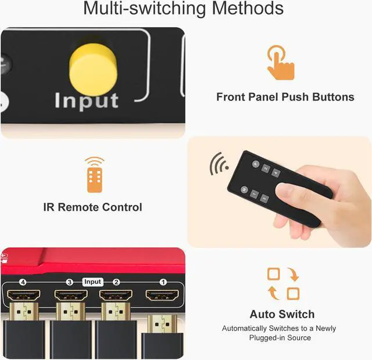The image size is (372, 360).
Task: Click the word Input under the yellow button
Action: [x=87, y=100]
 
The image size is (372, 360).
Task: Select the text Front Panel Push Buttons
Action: [x=285, y=97]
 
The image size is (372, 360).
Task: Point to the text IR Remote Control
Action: [x=93, y=207]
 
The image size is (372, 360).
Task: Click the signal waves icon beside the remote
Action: [x=219, y=164]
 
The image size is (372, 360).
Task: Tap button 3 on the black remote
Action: [x=264, y=199]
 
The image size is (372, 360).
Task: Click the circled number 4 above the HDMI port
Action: [x=24, y=282]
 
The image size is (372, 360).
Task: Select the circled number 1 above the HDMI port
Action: [x=163, y=282]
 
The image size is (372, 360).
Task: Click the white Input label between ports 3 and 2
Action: [x=92, y=282]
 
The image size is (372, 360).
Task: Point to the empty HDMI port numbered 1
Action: [x=163, y=297]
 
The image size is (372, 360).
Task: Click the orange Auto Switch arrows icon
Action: [x=282, y=283]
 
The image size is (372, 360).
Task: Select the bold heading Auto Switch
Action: [x=282, y=314]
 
